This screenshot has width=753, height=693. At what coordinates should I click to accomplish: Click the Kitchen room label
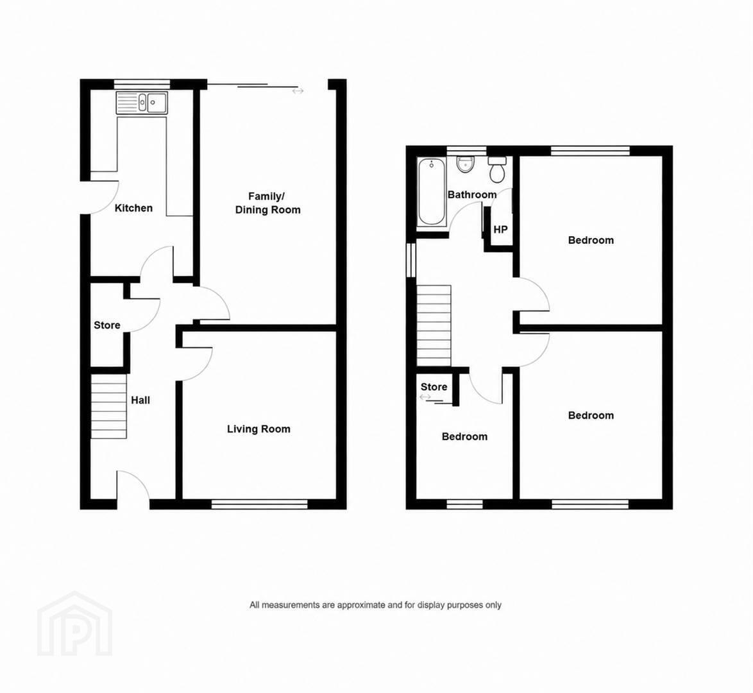tap(133, 208)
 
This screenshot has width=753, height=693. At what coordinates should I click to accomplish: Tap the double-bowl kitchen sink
tap(142, 103)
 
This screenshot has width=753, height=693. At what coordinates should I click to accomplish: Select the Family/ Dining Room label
tap(267, 203)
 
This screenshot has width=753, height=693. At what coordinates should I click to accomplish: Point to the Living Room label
tap(258, 429)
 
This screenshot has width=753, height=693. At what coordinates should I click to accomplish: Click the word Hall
tap(140, 400)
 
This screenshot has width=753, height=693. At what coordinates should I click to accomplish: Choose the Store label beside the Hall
tap(106, 325)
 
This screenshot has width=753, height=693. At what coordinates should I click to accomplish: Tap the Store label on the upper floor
tap(434, 387)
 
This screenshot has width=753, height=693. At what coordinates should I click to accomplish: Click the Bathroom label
tap(472, 194)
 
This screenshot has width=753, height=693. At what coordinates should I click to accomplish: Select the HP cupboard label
tap(500, 230)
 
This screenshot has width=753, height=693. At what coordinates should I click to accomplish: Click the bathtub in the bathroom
tap(431, 192)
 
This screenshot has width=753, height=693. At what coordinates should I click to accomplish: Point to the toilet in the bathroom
tap(497, 169)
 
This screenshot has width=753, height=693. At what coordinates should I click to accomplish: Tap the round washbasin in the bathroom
tap(466, 164)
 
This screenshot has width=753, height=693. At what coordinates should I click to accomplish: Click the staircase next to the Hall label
tap(109, 407)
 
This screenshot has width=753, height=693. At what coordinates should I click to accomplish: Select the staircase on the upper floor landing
tap(434, 326)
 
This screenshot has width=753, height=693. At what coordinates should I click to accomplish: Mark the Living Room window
tap(259, 504)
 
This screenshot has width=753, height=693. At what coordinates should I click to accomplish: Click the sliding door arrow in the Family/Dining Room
tap(298, 91)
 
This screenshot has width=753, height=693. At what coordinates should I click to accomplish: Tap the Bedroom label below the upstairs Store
tap(464, 437)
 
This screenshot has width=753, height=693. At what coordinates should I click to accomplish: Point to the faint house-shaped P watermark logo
tap(75, 624)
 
